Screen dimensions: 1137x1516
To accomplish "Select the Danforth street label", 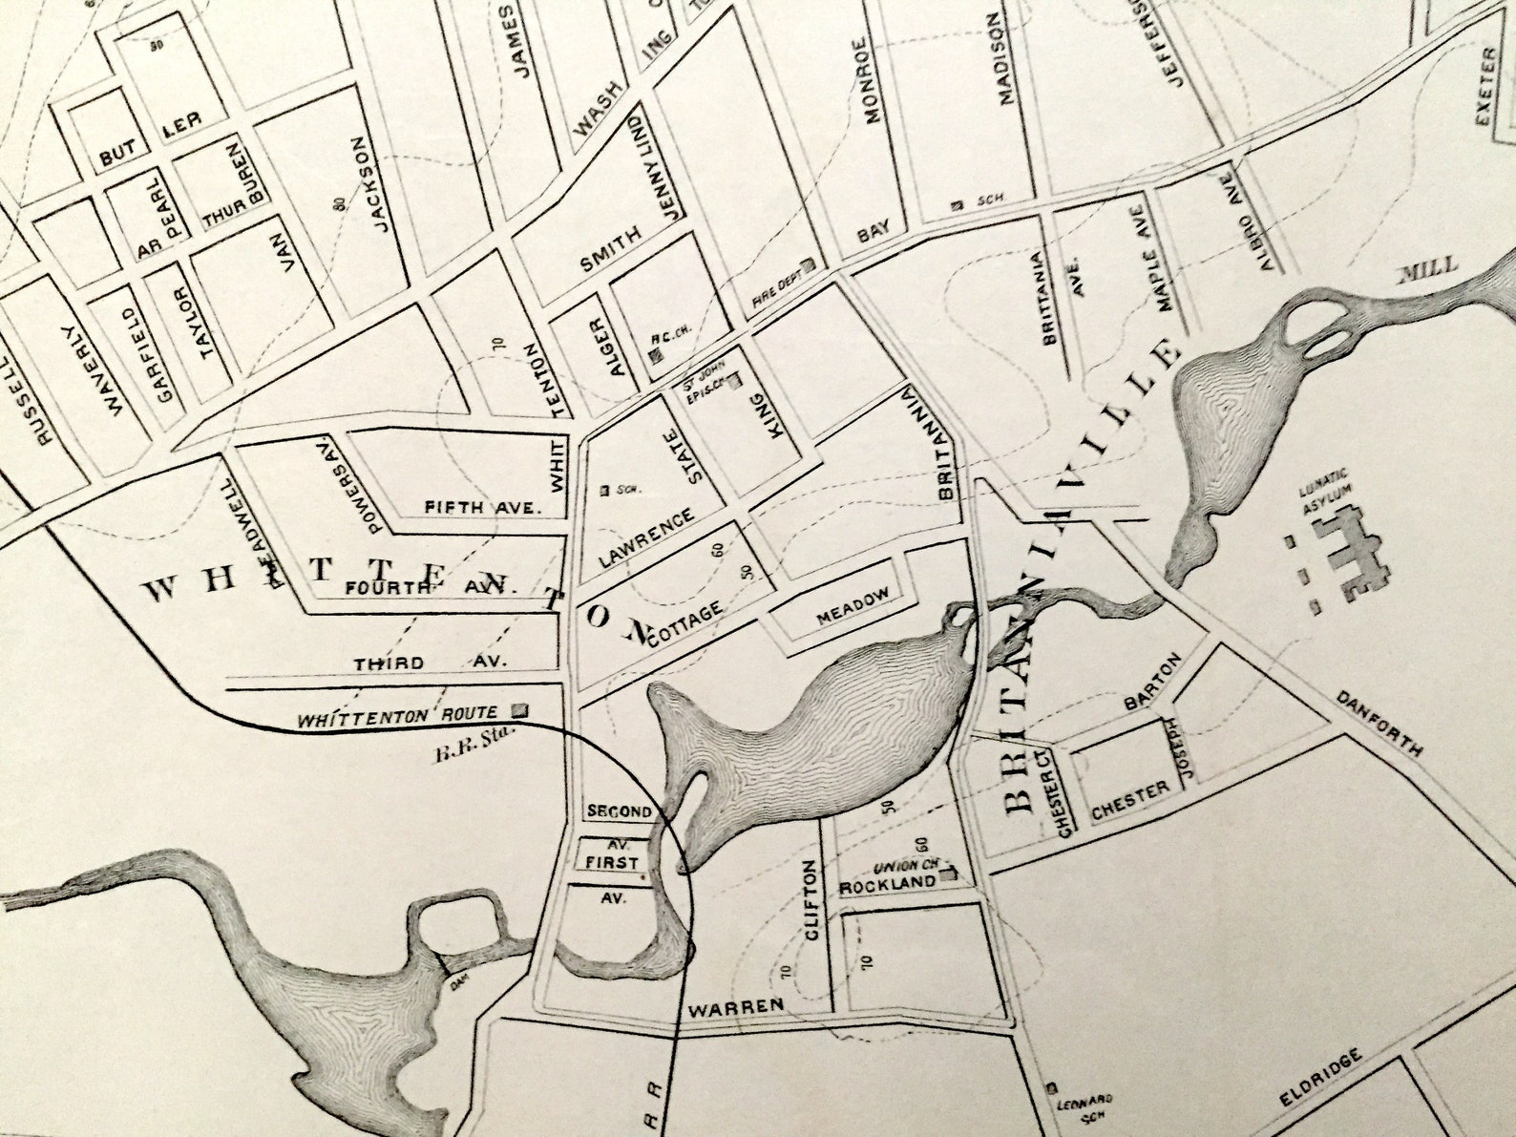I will coord(1379,724).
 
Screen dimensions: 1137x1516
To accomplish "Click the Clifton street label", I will coord(811,900).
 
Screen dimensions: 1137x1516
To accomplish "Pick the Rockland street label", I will coord(887,884).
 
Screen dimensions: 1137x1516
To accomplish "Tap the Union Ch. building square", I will coord(949,873).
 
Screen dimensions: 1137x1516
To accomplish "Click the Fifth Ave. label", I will coord(481,507).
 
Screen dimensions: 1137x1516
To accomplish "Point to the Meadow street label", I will coord(853,607).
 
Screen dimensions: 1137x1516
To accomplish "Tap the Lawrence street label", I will coord(646,539).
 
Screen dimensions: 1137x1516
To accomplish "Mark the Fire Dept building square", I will coord(808,266).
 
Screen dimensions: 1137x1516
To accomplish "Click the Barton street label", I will coord(1153,681).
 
